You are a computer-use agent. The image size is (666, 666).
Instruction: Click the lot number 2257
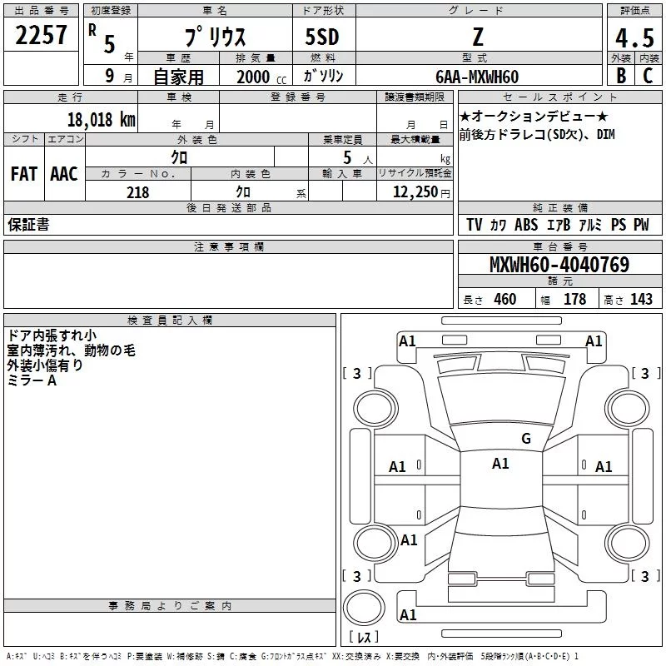coord(41,35)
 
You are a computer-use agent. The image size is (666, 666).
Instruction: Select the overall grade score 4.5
coord(634,37)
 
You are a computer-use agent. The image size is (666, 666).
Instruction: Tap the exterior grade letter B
coord(621,76)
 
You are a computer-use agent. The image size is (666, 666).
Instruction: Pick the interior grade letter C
coord(648,76)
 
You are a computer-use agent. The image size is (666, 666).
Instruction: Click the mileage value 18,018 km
coord(102,119)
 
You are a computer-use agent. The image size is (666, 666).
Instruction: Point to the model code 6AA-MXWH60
coord(477,77)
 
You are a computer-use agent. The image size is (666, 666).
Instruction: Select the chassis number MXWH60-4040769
coord(559,264)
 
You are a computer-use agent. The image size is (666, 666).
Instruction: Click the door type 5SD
coord(322,37)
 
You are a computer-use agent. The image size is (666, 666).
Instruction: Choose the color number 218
coord(137,192)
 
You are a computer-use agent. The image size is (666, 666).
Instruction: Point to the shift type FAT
coord(24,174)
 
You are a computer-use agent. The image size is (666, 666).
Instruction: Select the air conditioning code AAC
coord(64,174)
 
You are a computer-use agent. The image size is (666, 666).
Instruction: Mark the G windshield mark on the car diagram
coord(526,439)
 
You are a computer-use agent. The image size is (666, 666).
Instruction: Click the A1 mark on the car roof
coord(500,464)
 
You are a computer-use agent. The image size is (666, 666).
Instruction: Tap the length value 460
coord(505,299)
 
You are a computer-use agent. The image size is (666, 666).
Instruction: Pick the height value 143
coord(641,299)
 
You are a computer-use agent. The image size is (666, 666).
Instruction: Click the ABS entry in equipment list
coord(526,225)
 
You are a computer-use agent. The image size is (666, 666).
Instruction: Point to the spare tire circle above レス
coord(364,608)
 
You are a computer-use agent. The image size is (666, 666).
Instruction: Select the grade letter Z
coord(478,37)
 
